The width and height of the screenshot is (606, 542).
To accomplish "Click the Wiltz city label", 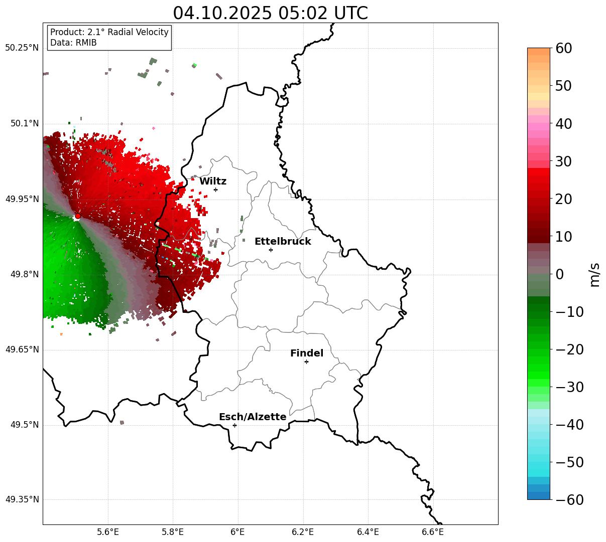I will [213, 182].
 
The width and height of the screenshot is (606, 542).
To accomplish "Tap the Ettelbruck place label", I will [283, 242].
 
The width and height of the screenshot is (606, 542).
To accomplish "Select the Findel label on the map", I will [307, 353].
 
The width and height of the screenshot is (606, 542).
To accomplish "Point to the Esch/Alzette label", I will [253, 417].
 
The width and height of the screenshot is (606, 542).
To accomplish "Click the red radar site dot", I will [77, 216].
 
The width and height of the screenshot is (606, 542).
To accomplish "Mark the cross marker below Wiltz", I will [215, 190].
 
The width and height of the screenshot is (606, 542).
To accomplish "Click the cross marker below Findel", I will [306, 362].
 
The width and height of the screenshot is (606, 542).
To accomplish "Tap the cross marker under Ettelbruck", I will [271, 250].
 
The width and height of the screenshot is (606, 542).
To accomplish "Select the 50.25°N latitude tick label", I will [22, 48].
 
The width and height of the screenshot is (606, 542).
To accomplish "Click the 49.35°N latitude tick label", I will [22, 500].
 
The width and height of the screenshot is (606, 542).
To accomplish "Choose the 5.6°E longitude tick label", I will [108, 532].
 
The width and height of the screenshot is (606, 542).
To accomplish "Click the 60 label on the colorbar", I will [563, 49].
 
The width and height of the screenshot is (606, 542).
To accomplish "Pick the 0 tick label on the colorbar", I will [559, 275].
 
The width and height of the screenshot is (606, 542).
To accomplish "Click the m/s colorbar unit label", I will [594, 274].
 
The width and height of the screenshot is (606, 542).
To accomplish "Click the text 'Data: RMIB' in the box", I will [73, 43].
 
